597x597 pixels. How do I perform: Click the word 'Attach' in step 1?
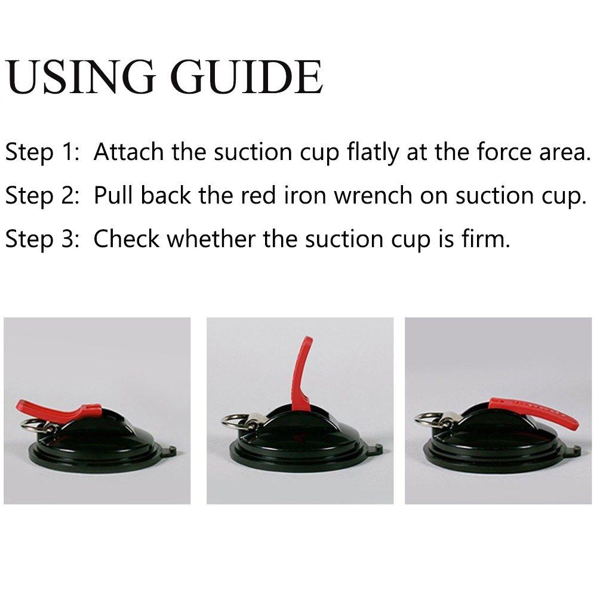pyautogui.click(x=128, y=152)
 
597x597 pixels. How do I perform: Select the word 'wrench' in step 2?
pyautogui.click(x=373, y=195)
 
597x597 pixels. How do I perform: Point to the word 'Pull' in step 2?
pyautogui.click(x=113, y=195)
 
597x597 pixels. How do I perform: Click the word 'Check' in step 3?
pyautogui.click(x=127, y=239)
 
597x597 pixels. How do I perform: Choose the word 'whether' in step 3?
pyautogui.click(x=211, y=239)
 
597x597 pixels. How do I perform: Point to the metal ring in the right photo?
pyautogui.click(x=425, y=420)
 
